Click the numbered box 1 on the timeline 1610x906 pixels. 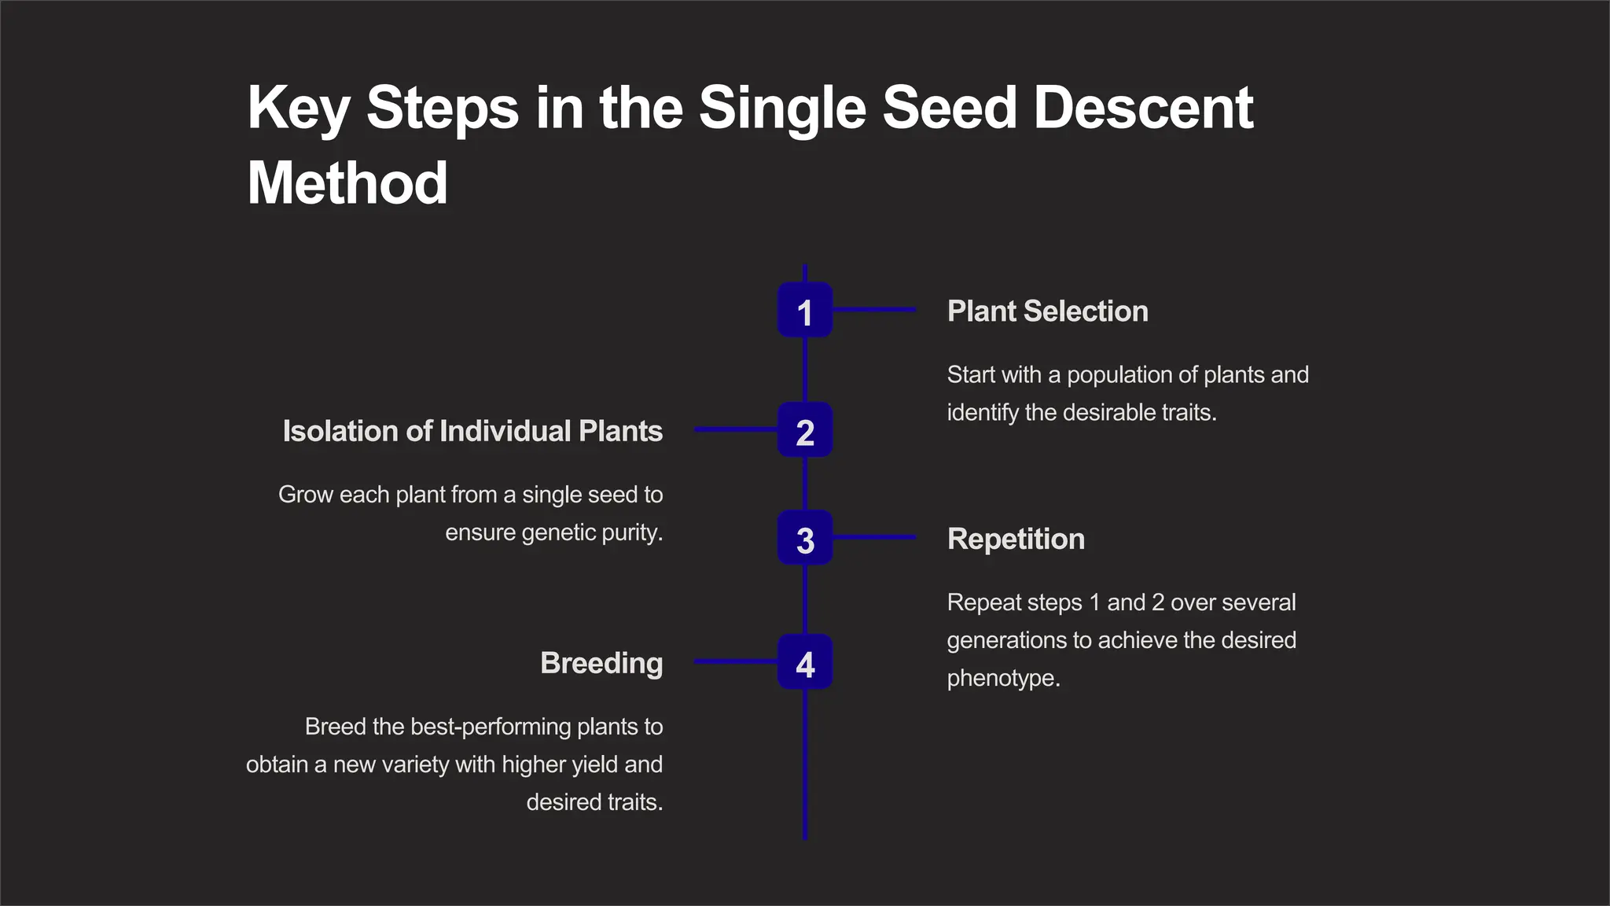click(x=804, y=310)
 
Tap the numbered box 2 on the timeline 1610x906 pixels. click(x=804, y=429)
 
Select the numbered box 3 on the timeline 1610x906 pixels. click(x=804, y=538)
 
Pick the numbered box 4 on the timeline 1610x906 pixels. click(x=804, y=662)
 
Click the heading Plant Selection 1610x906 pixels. click(x=1047, y=311)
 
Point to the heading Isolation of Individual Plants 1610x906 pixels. click(x=472, y=431)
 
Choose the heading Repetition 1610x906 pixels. click(x=1016, y=540)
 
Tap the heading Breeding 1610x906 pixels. click(x=601, y=663)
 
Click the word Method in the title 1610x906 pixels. click(x=347, y=183)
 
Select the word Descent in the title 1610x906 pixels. click(x=1143, y=108)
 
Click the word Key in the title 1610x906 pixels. click(x=298, y=108)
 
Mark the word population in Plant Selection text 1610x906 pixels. click(x=1119, y=375)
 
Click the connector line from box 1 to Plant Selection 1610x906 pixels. click(x=874, y=310)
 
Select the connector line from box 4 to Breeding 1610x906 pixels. click(x=736, y=662)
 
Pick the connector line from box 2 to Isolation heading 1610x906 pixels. click(x=736, y=429)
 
